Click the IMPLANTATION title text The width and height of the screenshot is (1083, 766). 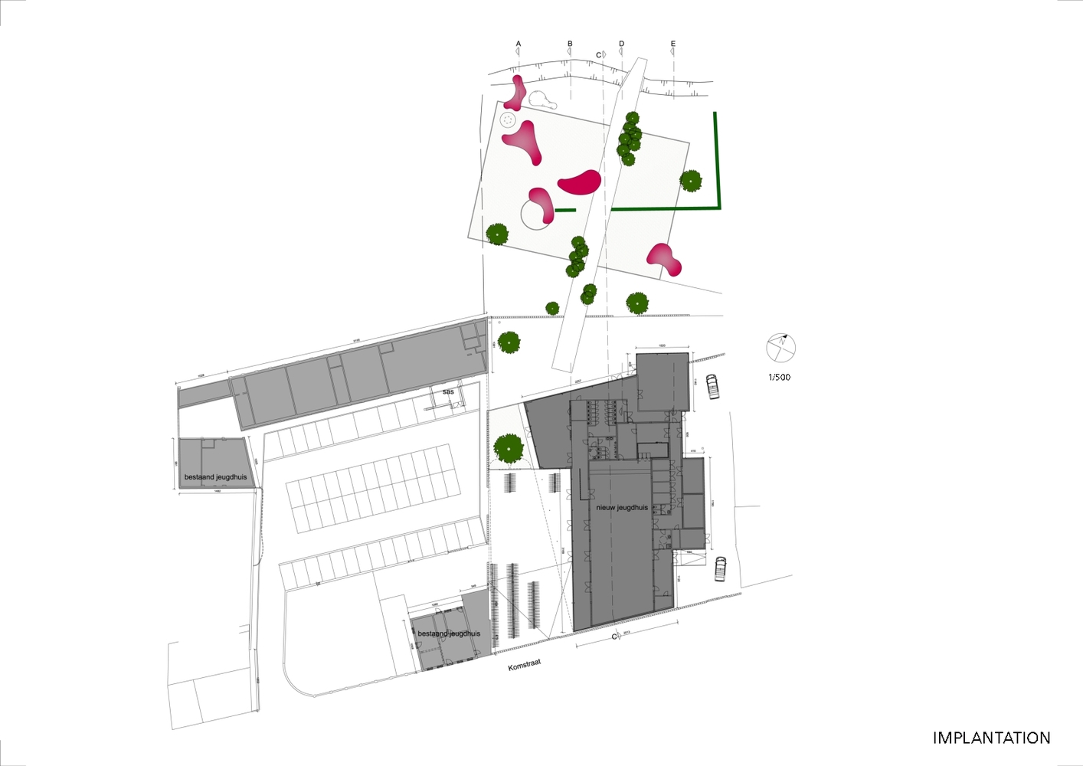pyautogui.click(x=991, y=738)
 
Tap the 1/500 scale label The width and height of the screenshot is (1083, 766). pyautogui.click(x=780, y=377)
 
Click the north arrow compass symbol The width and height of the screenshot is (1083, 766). pyautogui.click(x=780, y=349)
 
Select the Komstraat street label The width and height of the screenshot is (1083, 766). pyautogui.click(x=524, y=664)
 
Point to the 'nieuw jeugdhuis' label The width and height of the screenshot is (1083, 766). pyautogui.click(x=622, y=507)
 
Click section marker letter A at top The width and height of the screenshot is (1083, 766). pyautogui.click(x=519, y=44)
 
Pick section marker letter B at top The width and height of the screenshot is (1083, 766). pyautogui.click(x=570, y=44)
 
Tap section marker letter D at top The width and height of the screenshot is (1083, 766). pyautogui.click(x=621, y=44)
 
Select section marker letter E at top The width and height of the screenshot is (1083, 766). pyautogui.click(x=673, y=44)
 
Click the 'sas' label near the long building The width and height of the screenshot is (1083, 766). pyautogui.click(x=448, y=391)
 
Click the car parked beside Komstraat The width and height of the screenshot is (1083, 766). pyautogui.click(x=720, y=568)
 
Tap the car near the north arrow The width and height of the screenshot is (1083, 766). pyautogui.click(x=712, y=386)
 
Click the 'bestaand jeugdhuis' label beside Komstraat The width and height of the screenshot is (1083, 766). pyautogui.click(x=449, y=633)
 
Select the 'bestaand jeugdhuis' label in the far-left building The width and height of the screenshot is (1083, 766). pyautogui.click(x=215, y=476)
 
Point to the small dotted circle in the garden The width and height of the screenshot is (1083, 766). pyautogui.click(x=508, y=119)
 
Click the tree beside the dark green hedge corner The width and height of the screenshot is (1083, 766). pyautogui.click(x=690, y=181)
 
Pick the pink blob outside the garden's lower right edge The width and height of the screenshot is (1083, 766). pyautogui.click(x=664, y=259)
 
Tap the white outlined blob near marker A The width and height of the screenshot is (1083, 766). pyautogui.click(x=541, y=100)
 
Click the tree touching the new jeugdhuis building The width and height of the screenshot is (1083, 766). pyautogui.click(x=508, y=447)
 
